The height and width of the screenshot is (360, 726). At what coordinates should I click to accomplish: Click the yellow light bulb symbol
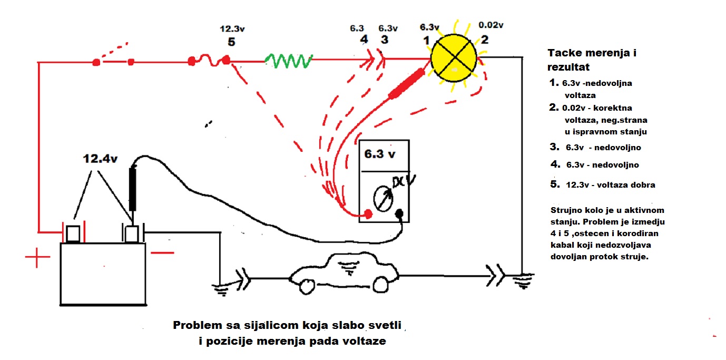pos(454,55)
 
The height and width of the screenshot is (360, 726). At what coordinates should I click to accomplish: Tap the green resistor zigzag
pos(290,61)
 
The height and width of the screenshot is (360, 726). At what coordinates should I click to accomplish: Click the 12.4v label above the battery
pos(100,158)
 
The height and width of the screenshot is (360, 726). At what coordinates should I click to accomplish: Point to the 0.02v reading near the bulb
pos(490,25)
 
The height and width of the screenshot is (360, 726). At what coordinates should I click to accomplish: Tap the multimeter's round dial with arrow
pos(383,197)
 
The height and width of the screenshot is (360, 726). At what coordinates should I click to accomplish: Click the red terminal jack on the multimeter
pos(368,213)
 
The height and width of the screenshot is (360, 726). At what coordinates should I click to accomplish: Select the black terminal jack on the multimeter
pos(399,213)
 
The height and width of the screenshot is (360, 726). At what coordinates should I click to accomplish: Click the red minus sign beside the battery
pos(162,252)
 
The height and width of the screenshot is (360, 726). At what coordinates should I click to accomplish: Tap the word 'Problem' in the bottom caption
pos(196,325)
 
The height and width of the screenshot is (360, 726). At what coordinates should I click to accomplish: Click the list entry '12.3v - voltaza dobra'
pos(602,185)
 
